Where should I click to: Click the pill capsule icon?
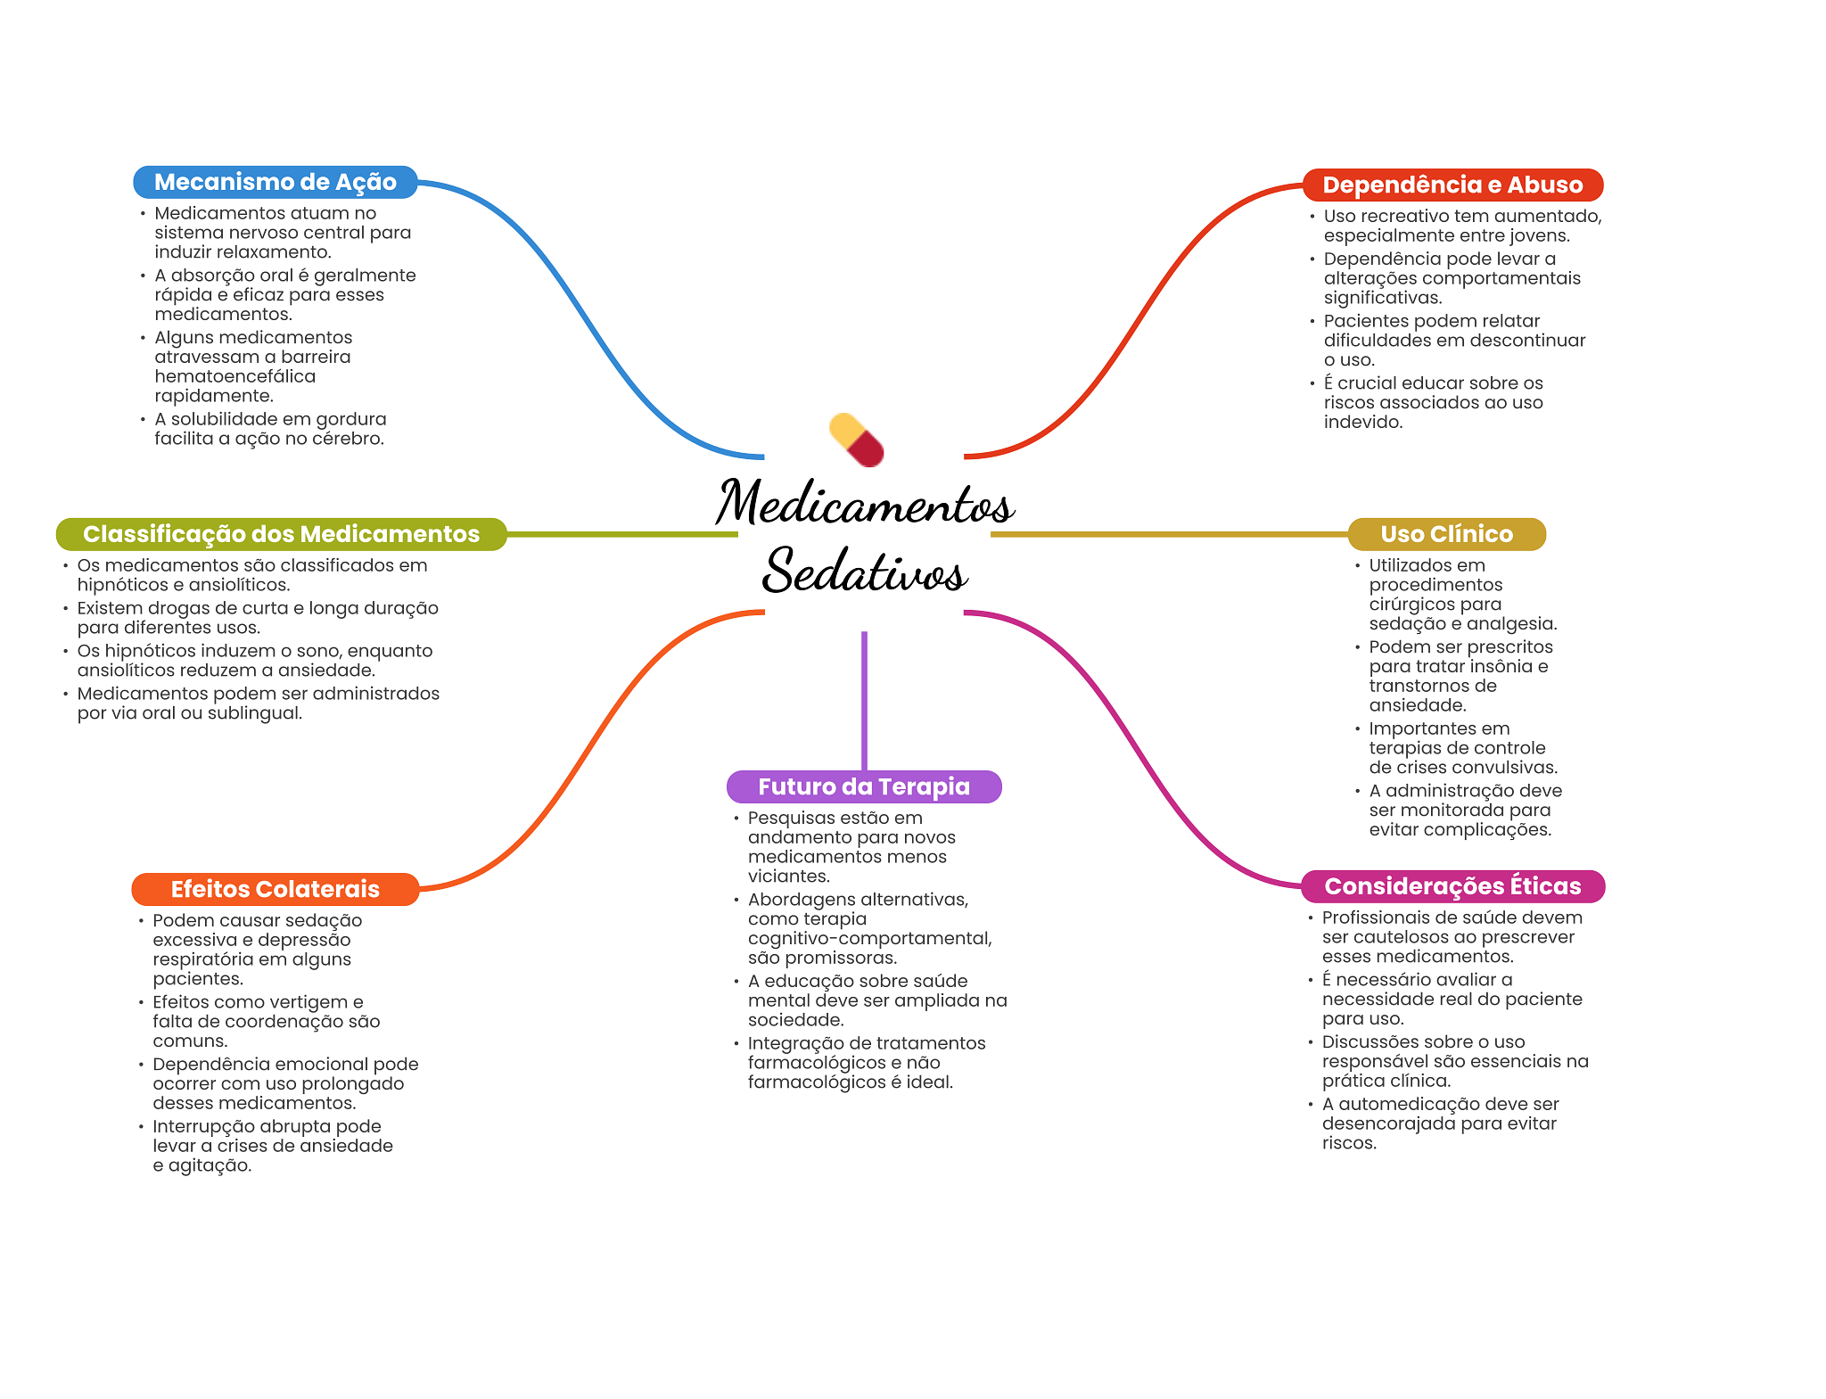point(856,440)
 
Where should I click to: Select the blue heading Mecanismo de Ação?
point(275,182)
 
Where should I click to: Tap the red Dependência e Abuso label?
point(1452,185)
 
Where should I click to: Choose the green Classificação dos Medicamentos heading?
point(281,534)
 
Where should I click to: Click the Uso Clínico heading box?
point(1446,534)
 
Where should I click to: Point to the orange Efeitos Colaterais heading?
point(275,889)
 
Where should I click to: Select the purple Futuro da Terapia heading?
point(864,786)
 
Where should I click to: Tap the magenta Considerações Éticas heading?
point(1452,886)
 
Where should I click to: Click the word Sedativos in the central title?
point(865,571)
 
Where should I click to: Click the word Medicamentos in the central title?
point(865,504)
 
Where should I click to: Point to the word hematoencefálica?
point(234,376)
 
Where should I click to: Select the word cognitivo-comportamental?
point(868,938)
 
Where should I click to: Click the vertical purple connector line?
point(864,700)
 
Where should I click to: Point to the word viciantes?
point(788,876)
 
